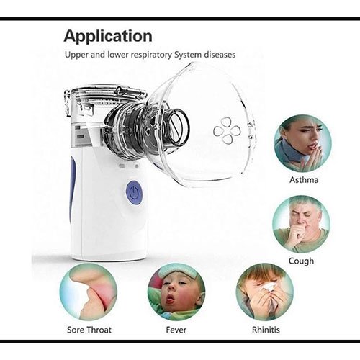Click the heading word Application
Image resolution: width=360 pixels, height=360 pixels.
[x=108, y=37]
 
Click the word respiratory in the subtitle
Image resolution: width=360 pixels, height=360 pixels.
[x=151, y=55]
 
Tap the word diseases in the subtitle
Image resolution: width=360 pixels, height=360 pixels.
[x=220, y=55]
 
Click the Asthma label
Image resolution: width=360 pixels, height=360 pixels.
[x=304, y=180]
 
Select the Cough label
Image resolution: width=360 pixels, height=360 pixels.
[x=301, y=261]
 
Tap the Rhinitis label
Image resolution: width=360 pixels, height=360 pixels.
[x=266, y=330]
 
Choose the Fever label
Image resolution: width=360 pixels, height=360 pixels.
[x=176, y=330]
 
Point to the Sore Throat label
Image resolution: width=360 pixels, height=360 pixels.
[x=89, y=330]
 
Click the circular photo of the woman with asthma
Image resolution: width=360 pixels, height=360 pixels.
[x=302, y=143]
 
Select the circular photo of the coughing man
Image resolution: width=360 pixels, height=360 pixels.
[x=302, y=225]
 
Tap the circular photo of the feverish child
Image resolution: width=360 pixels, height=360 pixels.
[x=176, y=292]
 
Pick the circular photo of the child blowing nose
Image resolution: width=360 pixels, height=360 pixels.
[x=265, y=292]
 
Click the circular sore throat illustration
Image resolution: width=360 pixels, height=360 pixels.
[x=89, y=292]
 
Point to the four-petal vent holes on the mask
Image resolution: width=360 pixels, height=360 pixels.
[x=227, y=131]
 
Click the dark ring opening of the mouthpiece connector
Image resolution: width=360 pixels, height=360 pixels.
[x=179, y=127]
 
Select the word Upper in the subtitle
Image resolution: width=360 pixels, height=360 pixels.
[x=76, y=55]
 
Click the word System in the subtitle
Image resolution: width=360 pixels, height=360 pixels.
[x=188, y=55]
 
